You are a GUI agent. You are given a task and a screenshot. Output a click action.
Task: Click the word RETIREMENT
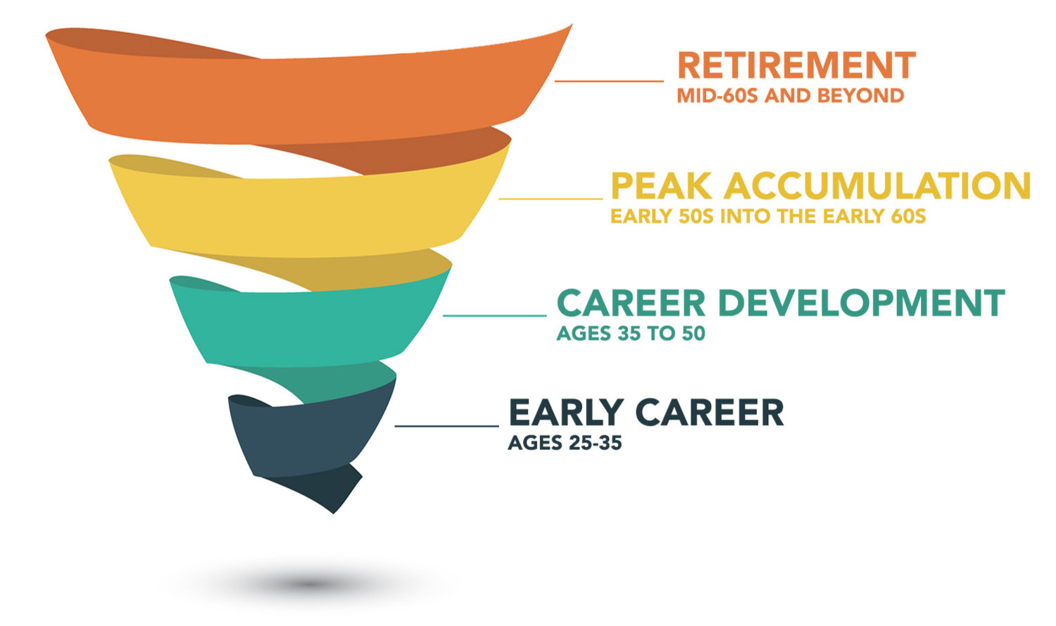point(796,65)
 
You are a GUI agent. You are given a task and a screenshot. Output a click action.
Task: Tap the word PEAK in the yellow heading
point(662,187)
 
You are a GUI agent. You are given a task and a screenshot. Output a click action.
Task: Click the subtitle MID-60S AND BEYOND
point(790,96)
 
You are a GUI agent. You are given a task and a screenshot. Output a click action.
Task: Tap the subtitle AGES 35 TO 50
point(631,333)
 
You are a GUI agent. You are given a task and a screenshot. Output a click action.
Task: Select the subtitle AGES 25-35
point(565,443)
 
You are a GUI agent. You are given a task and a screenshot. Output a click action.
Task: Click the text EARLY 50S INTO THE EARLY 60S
point(767,216)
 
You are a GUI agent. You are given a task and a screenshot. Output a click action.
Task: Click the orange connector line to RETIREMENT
point(609,81)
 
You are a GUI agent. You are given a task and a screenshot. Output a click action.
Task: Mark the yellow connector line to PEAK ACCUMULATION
point(551,199)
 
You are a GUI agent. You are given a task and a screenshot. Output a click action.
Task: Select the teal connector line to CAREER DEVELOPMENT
point(494,315)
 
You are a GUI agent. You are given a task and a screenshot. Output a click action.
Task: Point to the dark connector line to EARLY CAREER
point(446,426)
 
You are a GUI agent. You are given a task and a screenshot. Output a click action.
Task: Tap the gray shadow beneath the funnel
point(310,583)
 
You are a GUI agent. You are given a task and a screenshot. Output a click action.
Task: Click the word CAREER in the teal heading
point(631,303)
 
